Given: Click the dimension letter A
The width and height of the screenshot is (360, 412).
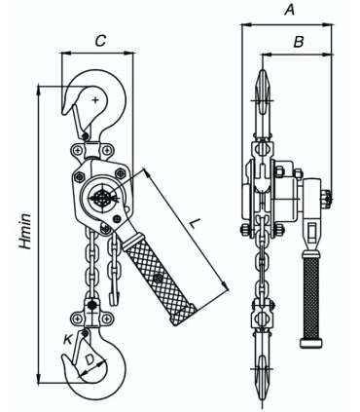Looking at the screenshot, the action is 289,10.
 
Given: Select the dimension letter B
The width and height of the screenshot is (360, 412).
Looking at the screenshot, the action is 299,42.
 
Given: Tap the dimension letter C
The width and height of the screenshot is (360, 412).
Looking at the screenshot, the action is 101,41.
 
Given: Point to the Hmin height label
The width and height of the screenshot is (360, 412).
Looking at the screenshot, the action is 25,231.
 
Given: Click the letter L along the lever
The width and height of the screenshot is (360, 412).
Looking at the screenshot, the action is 194,223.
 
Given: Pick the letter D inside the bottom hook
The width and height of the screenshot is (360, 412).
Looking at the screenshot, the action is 90,359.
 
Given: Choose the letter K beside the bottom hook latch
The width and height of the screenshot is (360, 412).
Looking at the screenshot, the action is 68,339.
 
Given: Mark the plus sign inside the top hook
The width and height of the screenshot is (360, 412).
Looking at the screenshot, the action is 95,100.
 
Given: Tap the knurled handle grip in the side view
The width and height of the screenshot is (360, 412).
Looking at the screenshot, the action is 311,298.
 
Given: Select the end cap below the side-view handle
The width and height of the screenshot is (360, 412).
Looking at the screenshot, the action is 311,343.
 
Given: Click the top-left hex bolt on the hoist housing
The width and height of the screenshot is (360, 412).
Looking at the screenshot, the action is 80,176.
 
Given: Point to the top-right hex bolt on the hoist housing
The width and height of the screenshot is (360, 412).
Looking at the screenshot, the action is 121,172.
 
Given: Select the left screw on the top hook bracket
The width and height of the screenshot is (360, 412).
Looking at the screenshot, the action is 78,150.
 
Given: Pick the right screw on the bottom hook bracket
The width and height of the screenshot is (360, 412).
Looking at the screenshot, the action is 106,318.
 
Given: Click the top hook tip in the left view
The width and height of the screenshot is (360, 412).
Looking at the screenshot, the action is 64,113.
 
